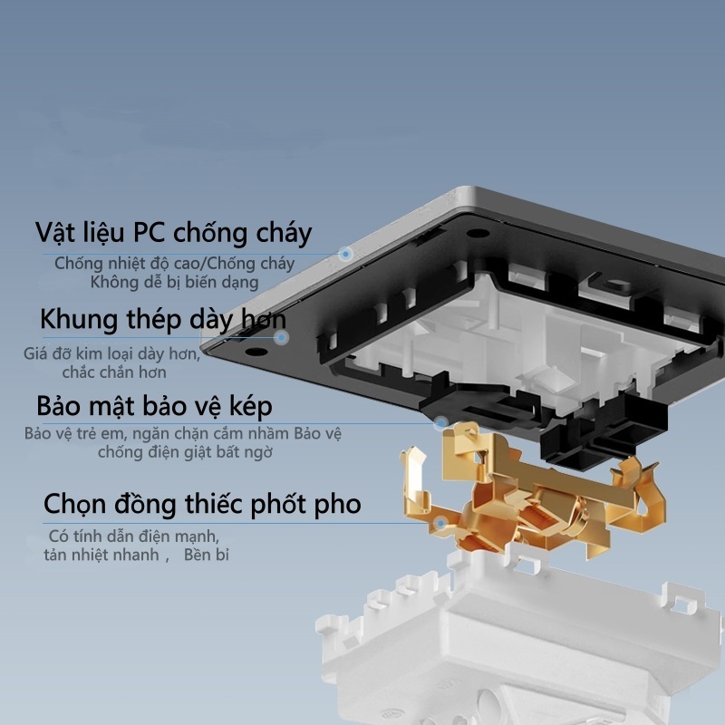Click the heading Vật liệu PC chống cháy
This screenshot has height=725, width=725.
coord(173,233)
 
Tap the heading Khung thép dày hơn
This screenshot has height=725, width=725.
coord(163,320)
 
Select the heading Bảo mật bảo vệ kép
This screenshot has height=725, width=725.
coord(154,406)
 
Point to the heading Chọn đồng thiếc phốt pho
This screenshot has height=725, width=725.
coord(202,504)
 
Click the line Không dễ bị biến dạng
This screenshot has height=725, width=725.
coord(174,282)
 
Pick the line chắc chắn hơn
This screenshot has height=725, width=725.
coord(114,372)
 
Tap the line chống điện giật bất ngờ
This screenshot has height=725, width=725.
coord(185,451)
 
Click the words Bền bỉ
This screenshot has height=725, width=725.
coord(207,555)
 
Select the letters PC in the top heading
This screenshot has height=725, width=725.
coord(149,232)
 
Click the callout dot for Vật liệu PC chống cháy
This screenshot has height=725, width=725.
coord(345,254)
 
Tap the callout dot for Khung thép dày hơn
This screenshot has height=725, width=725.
coord(281,337)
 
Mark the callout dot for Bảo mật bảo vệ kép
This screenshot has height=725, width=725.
coord(441,422)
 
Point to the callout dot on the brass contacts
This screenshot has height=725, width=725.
coord(440,524)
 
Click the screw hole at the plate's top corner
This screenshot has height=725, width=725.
coord(478,233)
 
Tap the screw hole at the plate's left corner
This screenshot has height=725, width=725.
coord(256,352)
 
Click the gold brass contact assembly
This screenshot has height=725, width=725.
coord(532,499)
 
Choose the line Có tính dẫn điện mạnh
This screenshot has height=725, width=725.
coord(133,536)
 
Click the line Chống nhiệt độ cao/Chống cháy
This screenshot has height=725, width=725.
coord(174,264)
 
